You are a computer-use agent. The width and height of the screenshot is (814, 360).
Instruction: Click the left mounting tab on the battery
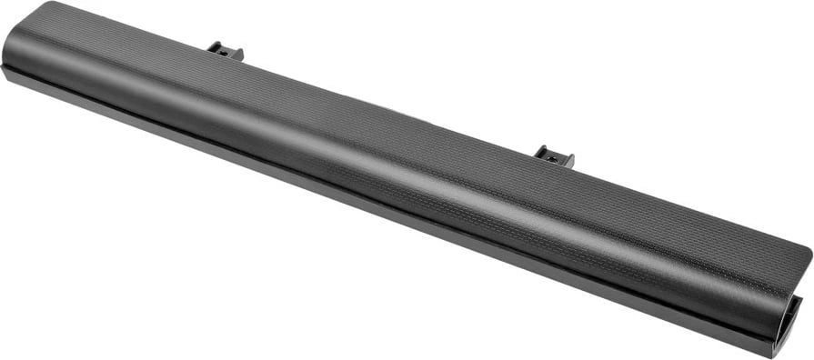point(225,51)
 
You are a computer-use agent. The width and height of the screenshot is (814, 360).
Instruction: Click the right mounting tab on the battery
point(554,156)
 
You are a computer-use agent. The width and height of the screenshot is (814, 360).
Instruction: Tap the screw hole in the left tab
point(223,53)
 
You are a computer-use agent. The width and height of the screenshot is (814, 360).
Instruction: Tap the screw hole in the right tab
point(552,158)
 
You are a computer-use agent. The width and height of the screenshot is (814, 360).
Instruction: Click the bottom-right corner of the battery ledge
point(775,355)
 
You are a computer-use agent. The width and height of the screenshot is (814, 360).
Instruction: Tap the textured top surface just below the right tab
point(550,182)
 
